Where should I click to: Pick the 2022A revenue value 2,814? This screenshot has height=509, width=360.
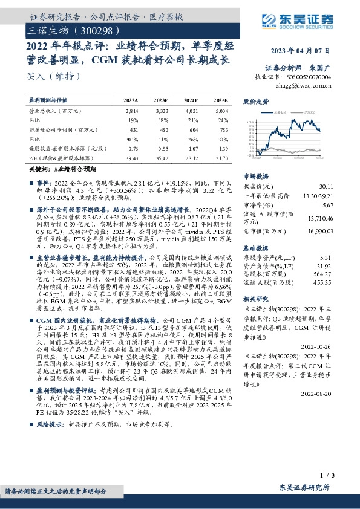131,112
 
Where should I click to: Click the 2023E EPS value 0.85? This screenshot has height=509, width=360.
162,149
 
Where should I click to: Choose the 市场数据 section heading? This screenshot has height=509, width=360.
255,176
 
